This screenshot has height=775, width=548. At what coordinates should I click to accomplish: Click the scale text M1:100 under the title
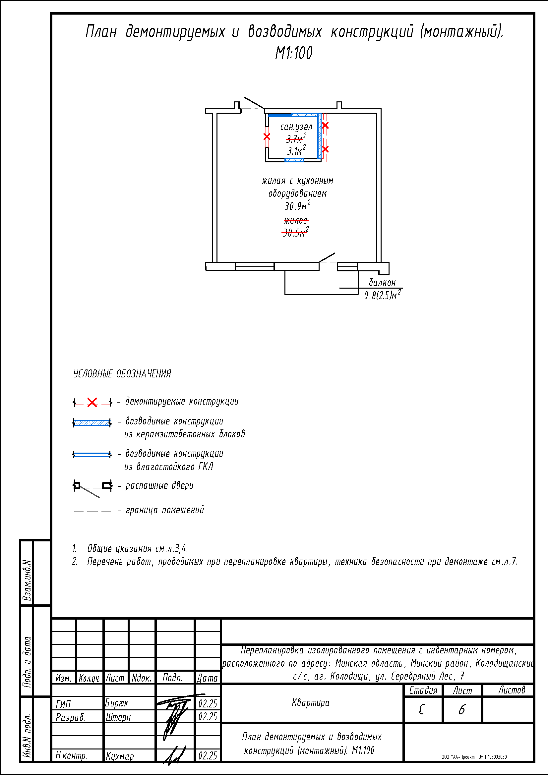[x=294, y=53]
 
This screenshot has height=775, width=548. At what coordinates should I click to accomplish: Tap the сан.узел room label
[x=296, y=127]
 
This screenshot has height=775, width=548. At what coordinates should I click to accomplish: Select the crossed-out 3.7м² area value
[x=296, y=138]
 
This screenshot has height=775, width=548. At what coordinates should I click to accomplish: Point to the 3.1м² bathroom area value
[x=296, y=150]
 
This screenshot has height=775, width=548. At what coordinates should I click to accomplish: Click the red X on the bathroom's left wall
[x=267, y=137]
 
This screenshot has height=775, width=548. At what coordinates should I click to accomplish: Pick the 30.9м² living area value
[x=297, y=205]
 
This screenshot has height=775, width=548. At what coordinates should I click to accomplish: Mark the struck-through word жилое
[x=296, y=221]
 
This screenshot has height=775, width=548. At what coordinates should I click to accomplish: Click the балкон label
[x=382, y=283]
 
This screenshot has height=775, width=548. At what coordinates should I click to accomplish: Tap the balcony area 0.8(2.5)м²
[x=382, y=295]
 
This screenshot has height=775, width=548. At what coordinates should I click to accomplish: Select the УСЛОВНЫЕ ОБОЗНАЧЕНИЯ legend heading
[x=122, y=374]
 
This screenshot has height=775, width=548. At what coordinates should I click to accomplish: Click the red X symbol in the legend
[x=92, y=402]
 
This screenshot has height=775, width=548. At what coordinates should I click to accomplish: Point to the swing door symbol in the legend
[x=92, y=487]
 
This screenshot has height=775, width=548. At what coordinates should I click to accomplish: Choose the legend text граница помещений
[x=165, y=510]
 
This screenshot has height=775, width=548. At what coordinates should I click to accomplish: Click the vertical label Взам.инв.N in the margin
[x=27, y=580]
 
